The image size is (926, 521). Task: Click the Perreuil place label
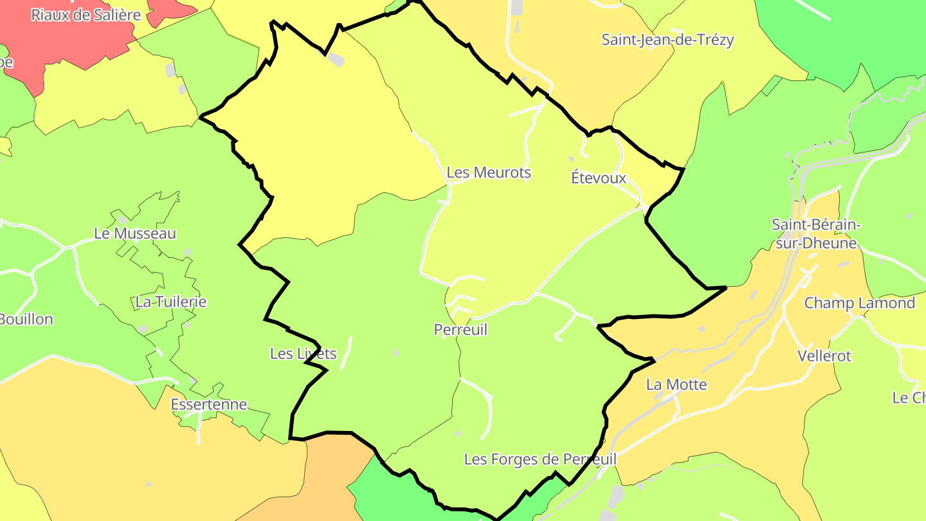[x=460, y=330]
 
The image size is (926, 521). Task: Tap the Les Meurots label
[x=489, y=172]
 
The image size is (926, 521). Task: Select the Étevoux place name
[x=598, y=178]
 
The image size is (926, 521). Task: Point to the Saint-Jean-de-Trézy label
[x=667, y=39]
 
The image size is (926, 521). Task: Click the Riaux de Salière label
[x=86, y=15]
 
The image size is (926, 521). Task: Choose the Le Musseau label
[x=134, y=233]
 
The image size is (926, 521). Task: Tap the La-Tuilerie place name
[x=170, y=302]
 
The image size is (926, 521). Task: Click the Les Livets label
[x=303, y=353]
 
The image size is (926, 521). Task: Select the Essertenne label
[x=208, y=405]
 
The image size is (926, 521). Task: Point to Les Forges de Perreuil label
[x=540, y=459]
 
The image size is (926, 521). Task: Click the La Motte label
[x=676, y=385]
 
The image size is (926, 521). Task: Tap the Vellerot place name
[x=824, y=356]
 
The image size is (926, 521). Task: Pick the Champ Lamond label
[x=859, y=303]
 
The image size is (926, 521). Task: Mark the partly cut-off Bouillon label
[x=26, y=319]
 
